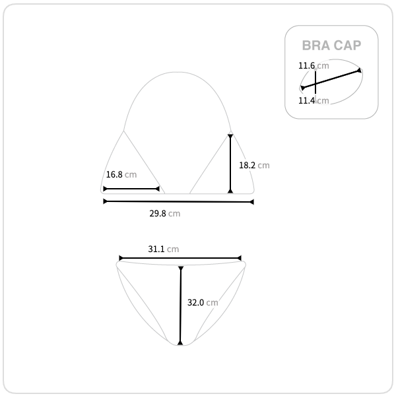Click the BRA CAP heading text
[331, 46]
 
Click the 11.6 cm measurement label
[313, 65]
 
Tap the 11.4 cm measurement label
[313, 100]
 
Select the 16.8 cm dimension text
[121, 174]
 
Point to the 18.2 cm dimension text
[254, 165]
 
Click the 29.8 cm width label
[164, 213]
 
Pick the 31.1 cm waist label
[164, 249]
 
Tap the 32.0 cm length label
[203, 302]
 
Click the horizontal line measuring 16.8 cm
[131, 189]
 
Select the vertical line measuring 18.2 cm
[230, 164]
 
